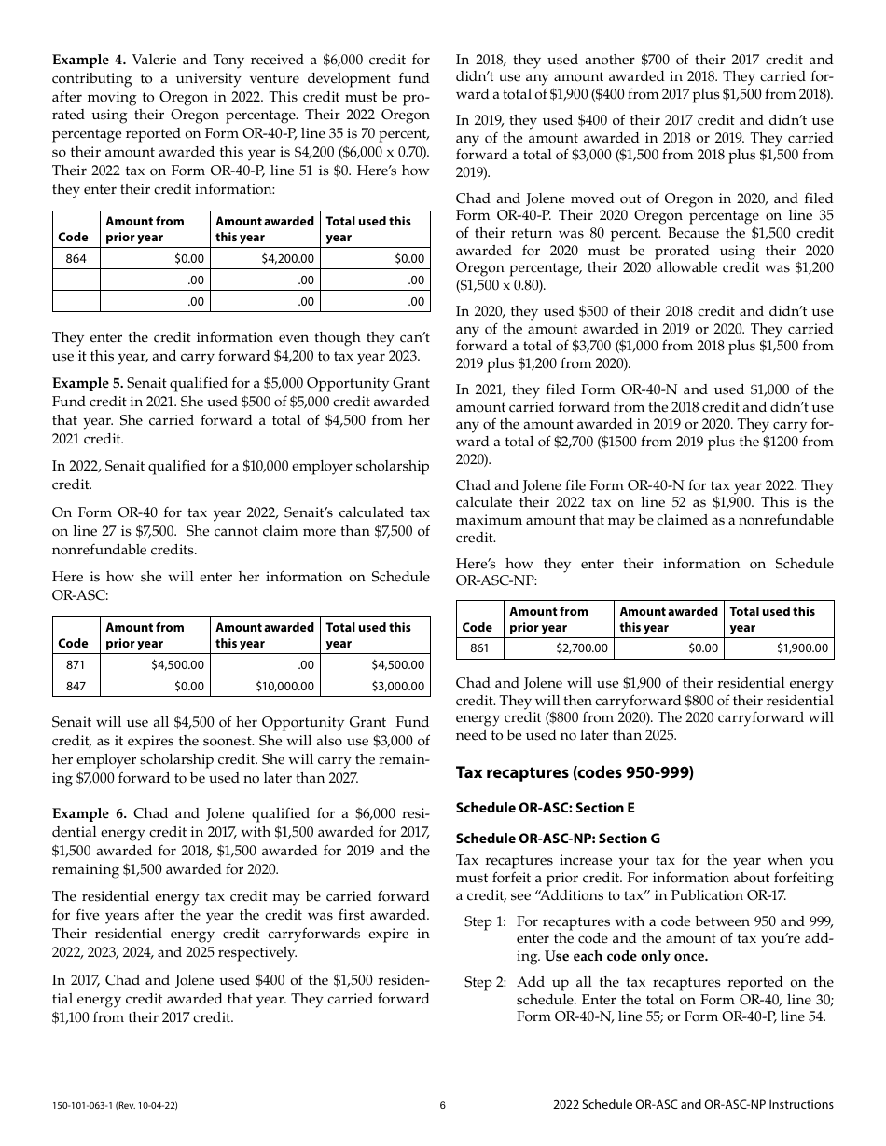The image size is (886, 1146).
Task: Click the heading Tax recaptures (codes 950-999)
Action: click(575, 772)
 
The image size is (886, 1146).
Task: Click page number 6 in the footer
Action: click(443, 1105)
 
